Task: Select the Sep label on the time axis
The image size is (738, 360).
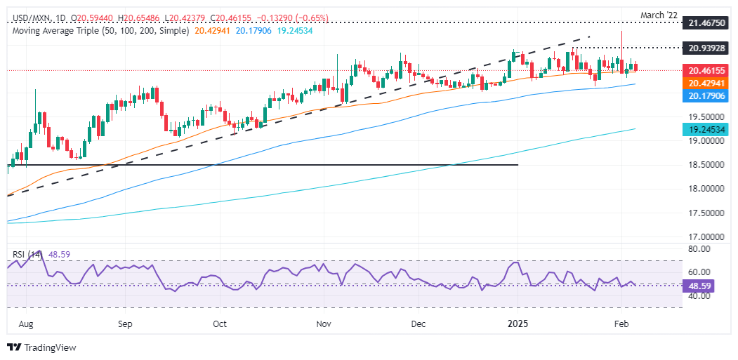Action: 125,324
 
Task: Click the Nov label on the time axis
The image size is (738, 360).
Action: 324,324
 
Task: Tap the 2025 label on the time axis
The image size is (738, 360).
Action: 518,324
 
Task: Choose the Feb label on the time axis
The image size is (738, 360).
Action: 621,324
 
